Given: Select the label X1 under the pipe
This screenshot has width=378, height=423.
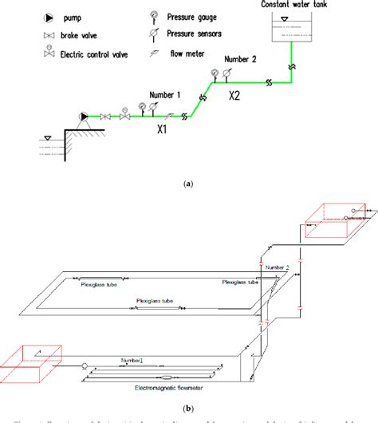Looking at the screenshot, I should tap(163, 128).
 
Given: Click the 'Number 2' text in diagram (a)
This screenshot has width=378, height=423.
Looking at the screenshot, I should tap(242, 59).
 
